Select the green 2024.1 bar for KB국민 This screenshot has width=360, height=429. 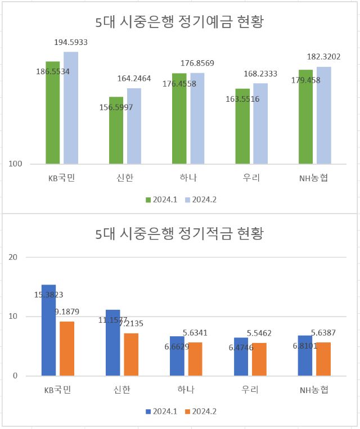pyautogui.click(x=53, y=112)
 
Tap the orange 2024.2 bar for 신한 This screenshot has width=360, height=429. pyautogui.click(x=131, y=354)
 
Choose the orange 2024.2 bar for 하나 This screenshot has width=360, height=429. pyautogui.click(x=195, y=359)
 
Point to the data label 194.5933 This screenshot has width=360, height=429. pyautogui.click(x=71, y=42)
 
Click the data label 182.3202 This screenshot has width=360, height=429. pyautogui.click(x=323, y=57)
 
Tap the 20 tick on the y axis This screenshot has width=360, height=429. pyautogui.click(x=14, y=257)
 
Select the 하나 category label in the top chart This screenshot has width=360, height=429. pyautogui.click(x=188, y=179)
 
